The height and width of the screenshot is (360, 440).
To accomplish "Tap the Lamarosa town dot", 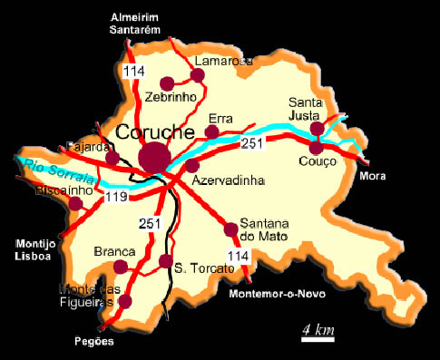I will pos(198,75).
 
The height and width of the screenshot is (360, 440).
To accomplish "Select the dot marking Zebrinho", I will pos(167,83).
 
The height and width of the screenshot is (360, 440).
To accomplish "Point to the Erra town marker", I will pos(211,132).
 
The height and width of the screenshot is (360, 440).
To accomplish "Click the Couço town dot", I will pos(316,147).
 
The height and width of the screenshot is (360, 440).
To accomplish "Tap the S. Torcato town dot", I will pos(165,261).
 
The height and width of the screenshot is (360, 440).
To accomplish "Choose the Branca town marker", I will pos(121,266).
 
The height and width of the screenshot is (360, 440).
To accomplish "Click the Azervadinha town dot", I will pos(192,165).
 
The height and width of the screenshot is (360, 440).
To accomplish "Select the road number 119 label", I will pos(114,195).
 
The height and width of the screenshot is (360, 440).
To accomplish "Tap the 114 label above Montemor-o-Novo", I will pos(237,258).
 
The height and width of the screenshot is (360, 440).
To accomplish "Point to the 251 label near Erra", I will pos(253,145).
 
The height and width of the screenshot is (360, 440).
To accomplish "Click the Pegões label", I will pos(95,342).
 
